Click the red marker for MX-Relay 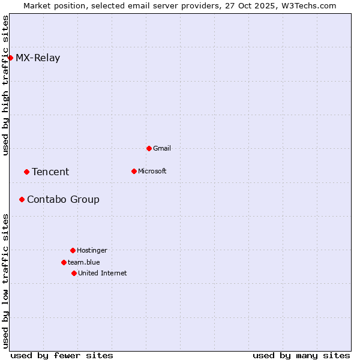point(10,58)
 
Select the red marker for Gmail point(149,148)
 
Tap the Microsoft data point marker point(134,171)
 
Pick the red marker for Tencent point(26,172)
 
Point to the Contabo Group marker point(22,199)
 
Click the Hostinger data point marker point(73,250)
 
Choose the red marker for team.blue point(64,262)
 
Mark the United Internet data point point(74,273)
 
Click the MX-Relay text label point(38,58)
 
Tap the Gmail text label point(162,148)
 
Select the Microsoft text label point(152,171)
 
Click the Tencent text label point(50,172)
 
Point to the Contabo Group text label point(63,200)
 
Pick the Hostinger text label point(92,250)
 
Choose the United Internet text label point(103,273)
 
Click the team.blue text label point(84,262)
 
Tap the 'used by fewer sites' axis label point(62,355)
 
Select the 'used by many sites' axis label point(301,355)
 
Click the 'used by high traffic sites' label point(6,85)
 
